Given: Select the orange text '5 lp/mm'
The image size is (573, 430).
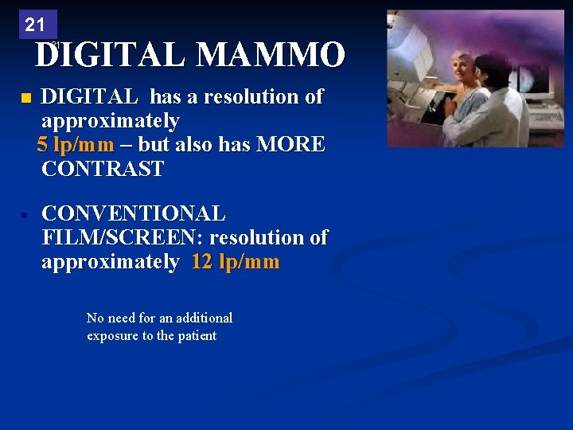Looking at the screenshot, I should [76, 145].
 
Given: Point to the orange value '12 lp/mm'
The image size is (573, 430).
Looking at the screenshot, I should [236, 263].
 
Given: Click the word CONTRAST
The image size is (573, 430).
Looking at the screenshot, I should [103, 169].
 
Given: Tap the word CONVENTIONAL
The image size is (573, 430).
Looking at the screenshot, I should [133, 214].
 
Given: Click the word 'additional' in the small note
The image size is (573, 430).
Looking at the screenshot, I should [204, 318].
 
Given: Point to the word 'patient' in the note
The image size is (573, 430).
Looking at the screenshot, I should [196, 335].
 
